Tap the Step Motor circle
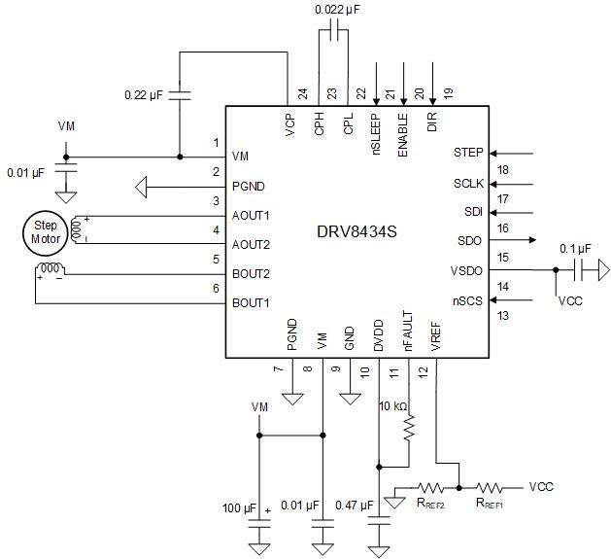point(41,230)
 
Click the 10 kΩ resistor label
point(394,404)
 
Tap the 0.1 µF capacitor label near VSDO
point(575,247)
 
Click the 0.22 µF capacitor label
point(147,95)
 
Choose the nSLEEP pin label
point(375,137)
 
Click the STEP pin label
point(468,153)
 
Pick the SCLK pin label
point(468,183)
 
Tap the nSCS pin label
point(468,300)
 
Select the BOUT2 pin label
point(251,274)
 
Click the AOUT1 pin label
point(251,215)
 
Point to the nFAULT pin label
point(408,331)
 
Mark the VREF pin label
point(436,335)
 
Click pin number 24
point(303,94)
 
